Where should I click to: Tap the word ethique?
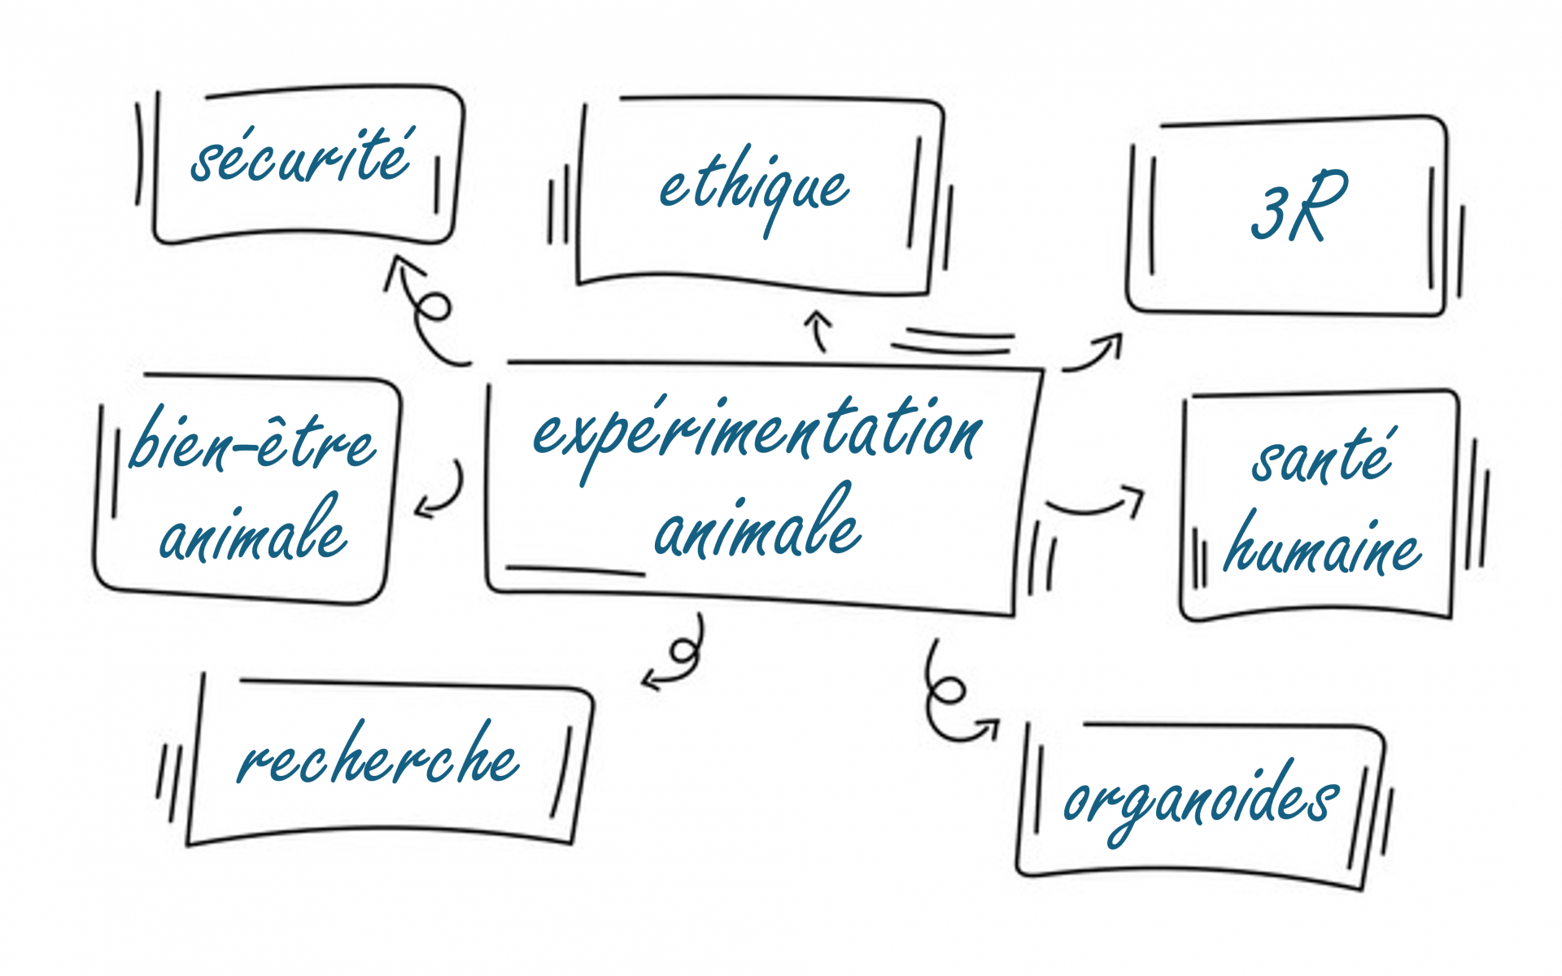(753, 189)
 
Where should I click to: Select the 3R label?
(1298, 207)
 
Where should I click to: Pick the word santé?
(1322, 457)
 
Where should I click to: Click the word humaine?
(1322, 547)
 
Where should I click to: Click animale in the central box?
(757, 529)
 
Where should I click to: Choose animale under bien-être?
(252, 533)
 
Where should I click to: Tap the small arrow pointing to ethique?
(819, 329)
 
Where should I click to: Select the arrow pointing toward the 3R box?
(1094, 355)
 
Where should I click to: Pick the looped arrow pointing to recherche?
(679, 655)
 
